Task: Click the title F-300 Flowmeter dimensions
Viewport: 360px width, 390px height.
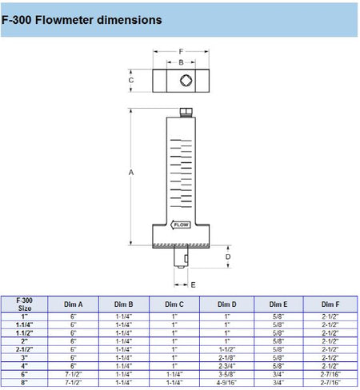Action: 82,20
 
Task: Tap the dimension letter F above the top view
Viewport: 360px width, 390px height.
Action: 181,51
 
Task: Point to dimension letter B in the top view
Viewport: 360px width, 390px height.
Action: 181,62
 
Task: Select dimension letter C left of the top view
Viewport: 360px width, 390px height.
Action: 131,80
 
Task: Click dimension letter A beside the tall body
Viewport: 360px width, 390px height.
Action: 131,173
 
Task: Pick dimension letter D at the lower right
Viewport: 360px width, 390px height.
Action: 228,257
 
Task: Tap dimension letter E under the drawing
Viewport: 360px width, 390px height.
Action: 193,285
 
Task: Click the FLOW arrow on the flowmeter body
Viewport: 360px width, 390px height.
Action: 181,225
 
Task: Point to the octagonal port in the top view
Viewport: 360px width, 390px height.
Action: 186,81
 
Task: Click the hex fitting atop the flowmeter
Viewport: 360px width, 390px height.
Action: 186,112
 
